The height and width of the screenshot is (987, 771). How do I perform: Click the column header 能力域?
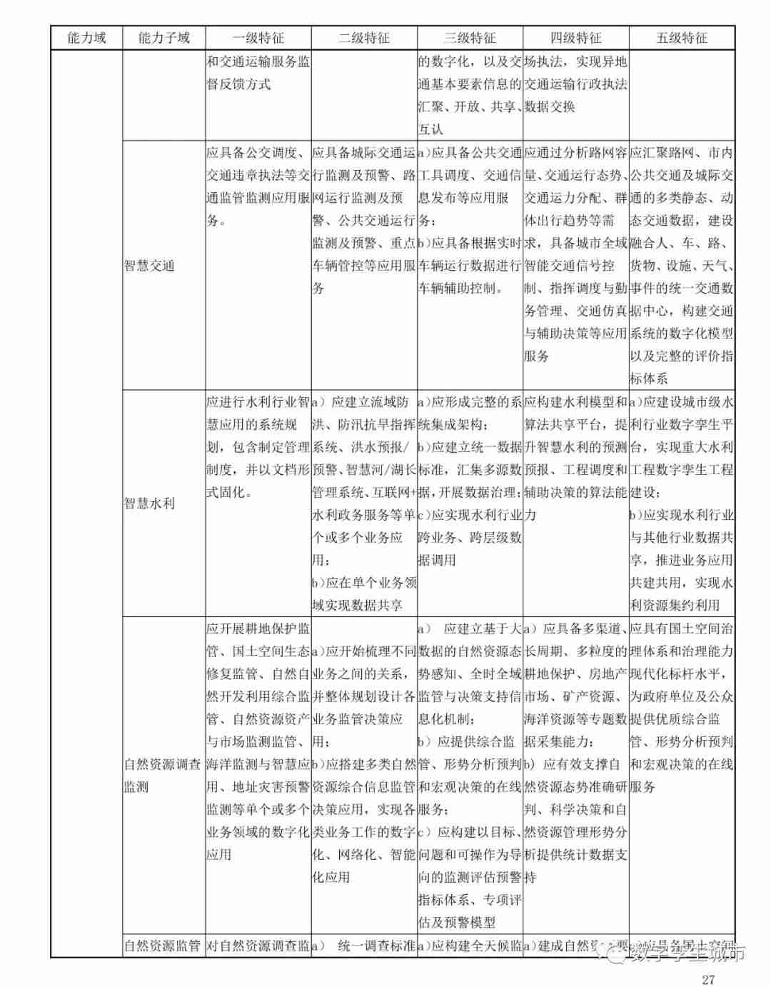[x=86, y=38]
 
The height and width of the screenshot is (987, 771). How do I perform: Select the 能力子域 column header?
[x=163, y=38]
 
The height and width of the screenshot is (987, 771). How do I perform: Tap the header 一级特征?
[x=258, y=38]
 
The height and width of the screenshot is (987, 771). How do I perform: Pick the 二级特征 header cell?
[x=364, y=38]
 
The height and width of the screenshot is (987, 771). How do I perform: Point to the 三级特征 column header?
[x=470, y=38]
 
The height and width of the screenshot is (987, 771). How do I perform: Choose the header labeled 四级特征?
[x=575, y=38]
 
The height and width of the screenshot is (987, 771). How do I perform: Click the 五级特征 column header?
[x=682, y=38]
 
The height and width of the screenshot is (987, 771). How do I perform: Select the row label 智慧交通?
[x=149, y=266]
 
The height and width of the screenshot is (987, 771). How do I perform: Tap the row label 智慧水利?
[x=149, y=503]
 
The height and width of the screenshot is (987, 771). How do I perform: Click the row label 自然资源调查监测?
[x=163, y=776]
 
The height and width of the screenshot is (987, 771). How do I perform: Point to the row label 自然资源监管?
[x=163, y=946]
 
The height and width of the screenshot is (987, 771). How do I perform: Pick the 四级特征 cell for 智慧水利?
[x=575, y=458]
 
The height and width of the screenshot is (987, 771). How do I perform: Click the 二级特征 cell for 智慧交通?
[x=364, y=221]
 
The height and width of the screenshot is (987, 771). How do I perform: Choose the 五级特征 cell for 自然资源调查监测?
[x=682, y=707]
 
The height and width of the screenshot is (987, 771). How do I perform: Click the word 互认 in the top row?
[x=430, y=129]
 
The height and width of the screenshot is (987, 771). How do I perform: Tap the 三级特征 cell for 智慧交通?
[x=470, y=221]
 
